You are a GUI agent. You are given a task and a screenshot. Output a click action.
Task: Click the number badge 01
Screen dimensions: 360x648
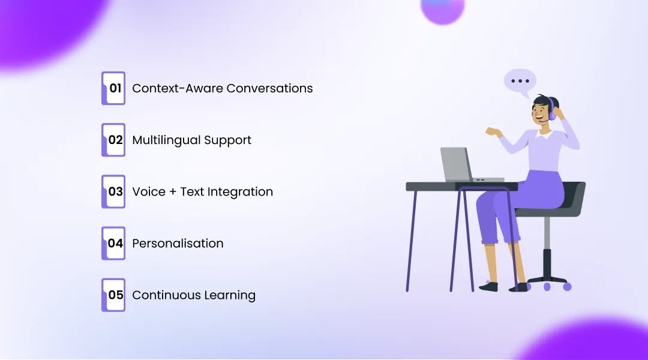[113, 88]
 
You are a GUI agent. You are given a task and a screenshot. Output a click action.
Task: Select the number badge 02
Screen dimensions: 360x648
[113, 140]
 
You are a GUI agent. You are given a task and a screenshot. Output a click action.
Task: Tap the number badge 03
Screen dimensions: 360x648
[113, 191]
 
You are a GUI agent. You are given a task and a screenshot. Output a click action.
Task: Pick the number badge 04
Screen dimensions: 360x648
[113, 243]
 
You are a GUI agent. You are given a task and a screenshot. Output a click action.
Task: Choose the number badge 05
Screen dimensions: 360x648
[113, 295]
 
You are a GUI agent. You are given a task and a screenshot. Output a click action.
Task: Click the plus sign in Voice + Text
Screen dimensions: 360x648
[171, 192]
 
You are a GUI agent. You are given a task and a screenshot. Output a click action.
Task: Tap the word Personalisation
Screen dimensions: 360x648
[178, 243]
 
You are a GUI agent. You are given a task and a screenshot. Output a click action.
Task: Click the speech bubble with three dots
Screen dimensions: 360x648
[520, 82]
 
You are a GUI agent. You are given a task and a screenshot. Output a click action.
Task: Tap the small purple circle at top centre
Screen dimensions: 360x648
[442, 10]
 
